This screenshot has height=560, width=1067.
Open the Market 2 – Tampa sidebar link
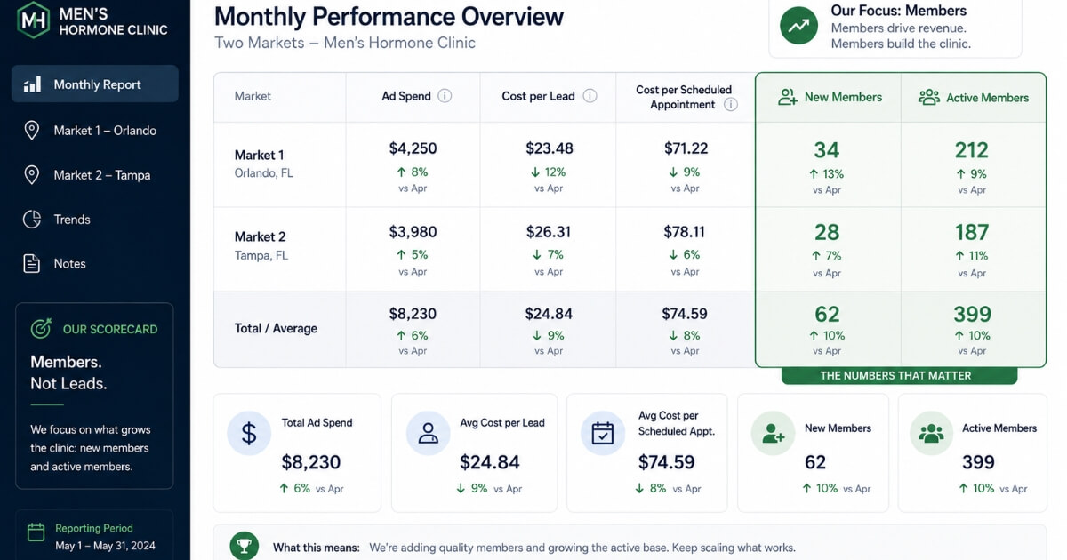[102, 175]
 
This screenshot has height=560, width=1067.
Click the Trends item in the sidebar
[72, 220]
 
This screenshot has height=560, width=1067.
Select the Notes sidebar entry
[69, 264]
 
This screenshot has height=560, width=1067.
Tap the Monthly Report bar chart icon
[32, 84]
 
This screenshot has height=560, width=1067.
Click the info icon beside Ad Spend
[445, 96]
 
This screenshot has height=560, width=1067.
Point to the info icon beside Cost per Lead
[590, 96]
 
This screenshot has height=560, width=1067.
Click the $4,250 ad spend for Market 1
[413, 148]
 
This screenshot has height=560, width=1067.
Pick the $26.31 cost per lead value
[549, 232]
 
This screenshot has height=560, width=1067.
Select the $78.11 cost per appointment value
[684, 232]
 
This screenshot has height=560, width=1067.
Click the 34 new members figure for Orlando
[826, 150]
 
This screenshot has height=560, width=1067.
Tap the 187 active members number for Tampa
[972, 233]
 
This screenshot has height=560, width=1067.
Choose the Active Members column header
[974, 98]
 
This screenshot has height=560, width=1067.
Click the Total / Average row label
[276, 329]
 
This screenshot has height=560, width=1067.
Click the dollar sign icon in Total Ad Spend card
[249, 434]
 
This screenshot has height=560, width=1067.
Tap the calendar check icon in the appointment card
[603, 434]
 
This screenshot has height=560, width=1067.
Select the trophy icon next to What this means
[245, 546]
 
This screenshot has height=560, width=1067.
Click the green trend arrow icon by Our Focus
[798, 26]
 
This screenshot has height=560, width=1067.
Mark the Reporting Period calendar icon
[36, 532]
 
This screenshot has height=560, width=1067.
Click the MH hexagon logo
[34, 20]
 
